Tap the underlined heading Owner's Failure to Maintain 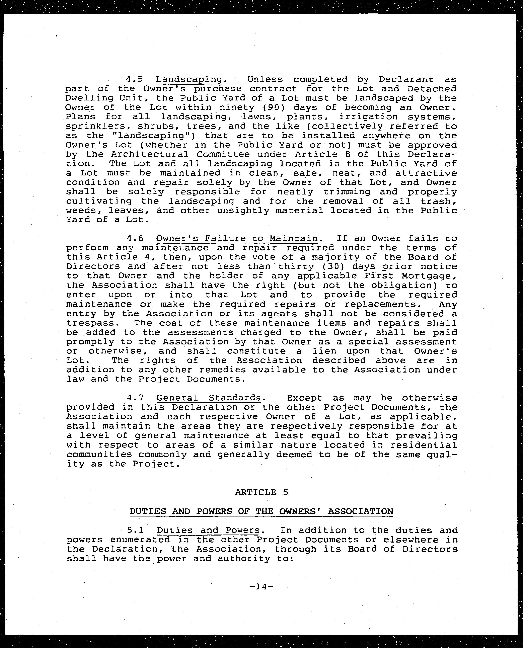pos(237,239)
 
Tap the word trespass pos(90,323)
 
